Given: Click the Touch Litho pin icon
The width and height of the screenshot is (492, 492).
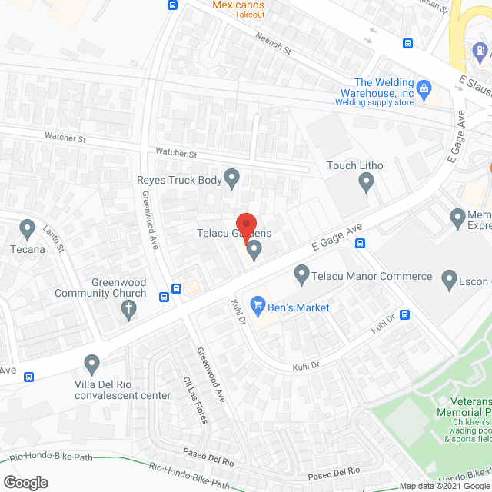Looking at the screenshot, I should coord(367,182).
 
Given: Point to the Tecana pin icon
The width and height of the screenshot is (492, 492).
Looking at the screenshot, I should coord(28,229).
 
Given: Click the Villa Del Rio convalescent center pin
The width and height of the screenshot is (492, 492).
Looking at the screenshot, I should coord(92,363).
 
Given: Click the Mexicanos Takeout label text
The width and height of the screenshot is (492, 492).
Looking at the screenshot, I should coord(238,9).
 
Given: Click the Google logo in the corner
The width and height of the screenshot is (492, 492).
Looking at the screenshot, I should coord(25,482).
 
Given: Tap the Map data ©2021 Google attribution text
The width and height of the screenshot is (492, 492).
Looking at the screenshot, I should coord(444,486).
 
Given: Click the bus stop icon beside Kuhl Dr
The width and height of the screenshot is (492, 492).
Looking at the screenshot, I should coord(405,314).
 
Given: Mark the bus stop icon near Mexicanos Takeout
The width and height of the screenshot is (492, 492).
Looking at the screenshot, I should coord(172,5).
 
